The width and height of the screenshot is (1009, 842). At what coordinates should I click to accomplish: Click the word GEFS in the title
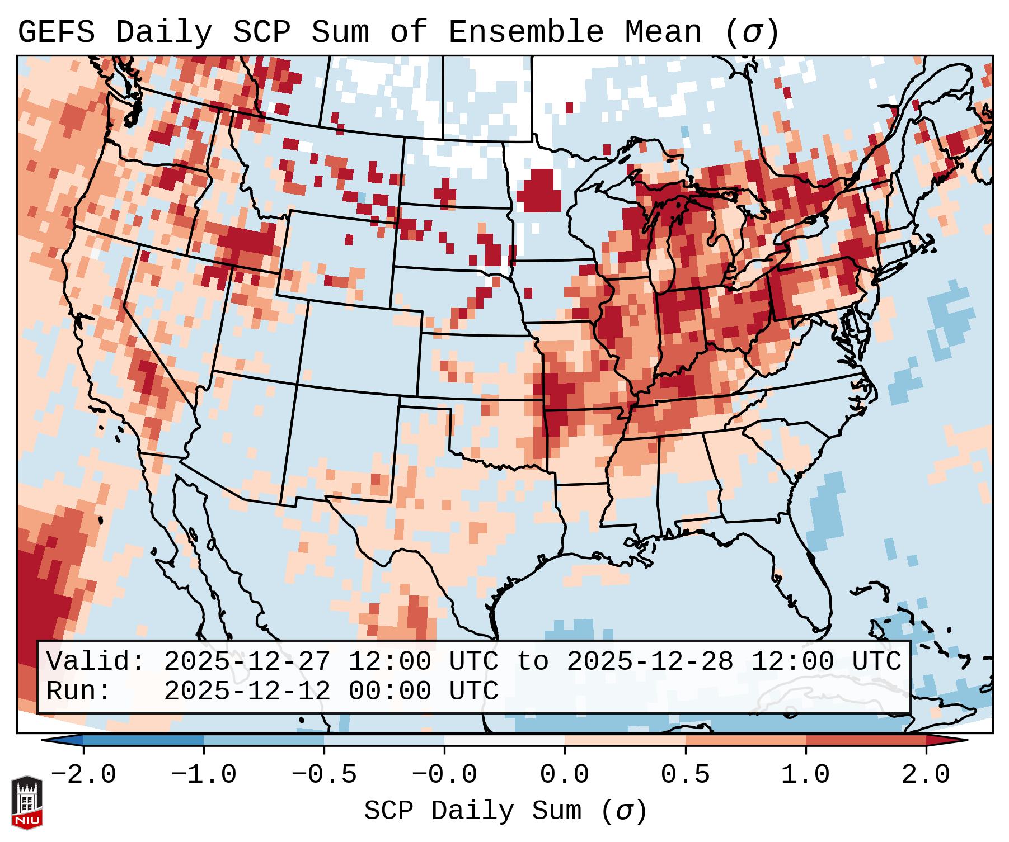tap(56, 32)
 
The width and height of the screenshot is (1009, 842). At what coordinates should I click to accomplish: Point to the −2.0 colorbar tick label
tap(83, 775)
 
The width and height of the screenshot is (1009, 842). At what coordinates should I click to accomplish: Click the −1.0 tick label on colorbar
tap(204, 775)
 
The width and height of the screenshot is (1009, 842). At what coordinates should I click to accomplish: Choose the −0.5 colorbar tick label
tap(324, 775)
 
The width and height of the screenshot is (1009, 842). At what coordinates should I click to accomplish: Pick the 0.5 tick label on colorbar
tap(686, 775)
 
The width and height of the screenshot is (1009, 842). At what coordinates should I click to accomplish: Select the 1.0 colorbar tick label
tap(806, 775)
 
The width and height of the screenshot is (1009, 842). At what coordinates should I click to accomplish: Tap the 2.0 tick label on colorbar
tap(926, 775)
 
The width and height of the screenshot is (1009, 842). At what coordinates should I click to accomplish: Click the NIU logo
tap(27, 802)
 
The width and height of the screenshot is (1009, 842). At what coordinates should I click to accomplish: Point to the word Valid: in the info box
tap(96, 662)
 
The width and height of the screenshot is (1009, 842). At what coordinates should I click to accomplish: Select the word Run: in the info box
tap(79, 692)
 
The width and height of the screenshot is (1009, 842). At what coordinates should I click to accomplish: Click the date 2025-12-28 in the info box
tap(650, 662)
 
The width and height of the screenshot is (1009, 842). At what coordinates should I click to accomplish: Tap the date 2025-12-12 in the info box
tap(247, 692)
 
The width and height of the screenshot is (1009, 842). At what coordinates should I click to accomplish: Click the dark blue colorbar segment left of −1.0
tap(143, 740)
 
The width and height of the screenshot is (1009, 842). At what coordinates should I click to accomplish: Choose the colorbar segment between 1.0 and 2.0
tap(866, 740)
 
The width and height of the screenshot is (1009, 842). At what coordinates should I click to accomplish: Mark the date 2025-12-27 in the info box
tap(247, 662)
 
